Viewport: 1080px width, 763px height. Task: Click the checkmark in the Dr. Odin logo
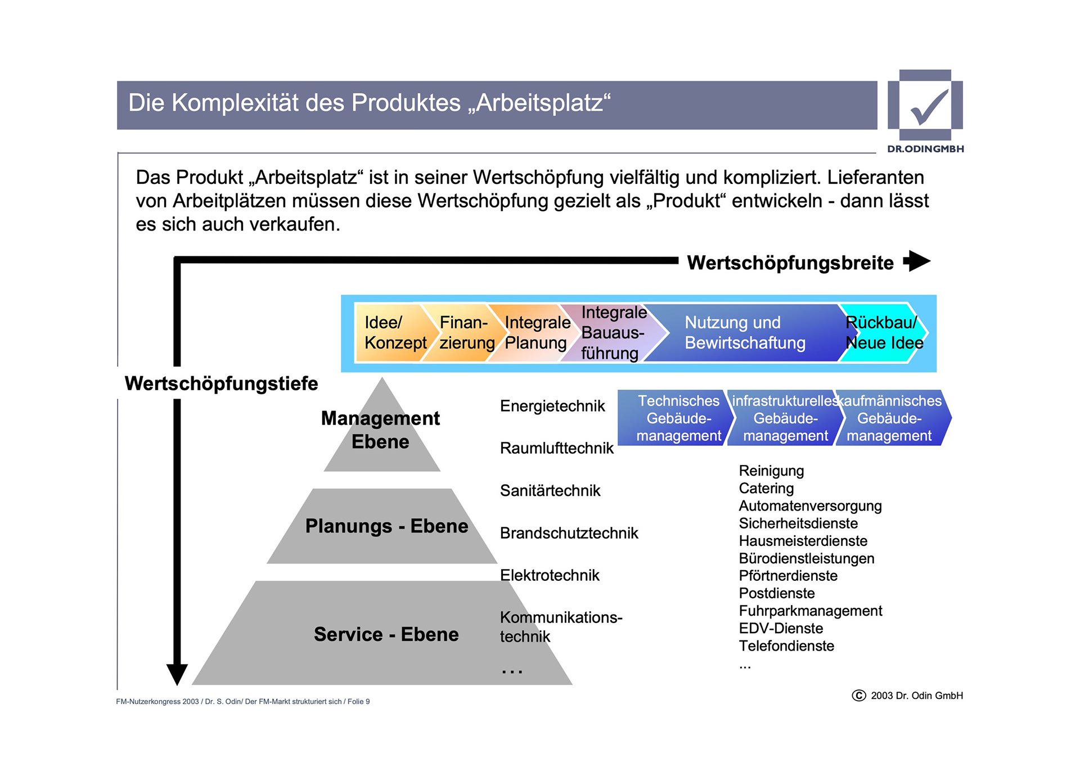929,107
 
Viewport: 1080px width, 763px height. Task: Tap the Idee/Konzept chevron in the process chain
394,333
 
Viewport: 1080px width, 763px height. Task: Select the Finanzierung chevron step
466,333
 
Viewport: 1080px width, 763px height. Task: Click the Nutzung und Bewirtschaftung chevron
745,333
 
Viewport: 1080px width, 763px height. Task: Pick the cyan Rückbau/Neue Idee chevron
883,333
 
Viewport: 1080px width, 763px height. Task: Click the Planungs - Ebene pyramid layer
386,526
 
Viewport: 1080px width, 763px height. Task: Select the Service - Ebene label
386,634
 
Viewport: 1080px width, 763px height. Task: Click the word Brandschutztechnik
569,533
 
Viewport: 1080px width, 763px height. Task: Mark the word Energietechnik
552,406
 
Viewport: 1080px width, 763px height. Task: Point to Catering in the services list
766,489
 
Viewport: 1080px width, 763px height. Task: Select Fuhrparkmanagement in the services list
810,611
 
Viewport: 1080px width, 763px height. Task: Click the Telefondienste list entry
786,646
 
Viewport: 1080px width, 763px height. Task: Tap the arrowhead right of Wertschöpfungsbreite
917,261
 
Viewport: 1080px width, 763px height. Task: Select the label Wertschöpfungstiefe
221,383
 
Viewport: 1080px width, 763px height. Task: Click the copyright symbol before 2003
858,696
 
